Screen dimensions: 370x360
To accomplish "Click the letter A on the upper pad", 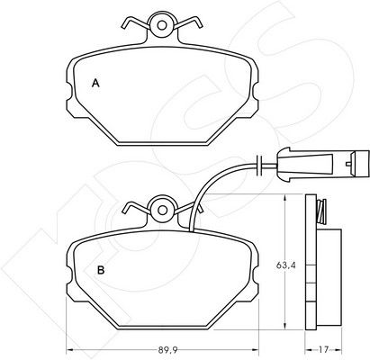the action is click(95, 83).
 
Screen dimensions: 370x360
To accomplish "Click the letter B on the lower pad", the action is click(101, 270).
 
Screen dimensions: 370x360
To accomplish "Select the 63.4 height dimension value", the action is click(286, 265).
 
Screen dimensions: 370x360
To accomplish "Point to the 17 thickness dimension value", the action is click(323, 350).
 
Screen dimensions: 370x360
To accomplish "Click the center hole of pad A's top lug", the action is click(162, 25).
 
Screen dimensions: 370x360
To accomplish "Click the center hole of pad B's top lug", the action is click(162, 211).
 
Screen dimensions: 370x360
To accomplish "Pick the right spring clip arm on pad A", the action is click(188, 23).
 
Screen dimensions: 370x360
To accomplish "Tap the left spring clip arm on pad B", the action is click(136, 208).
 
